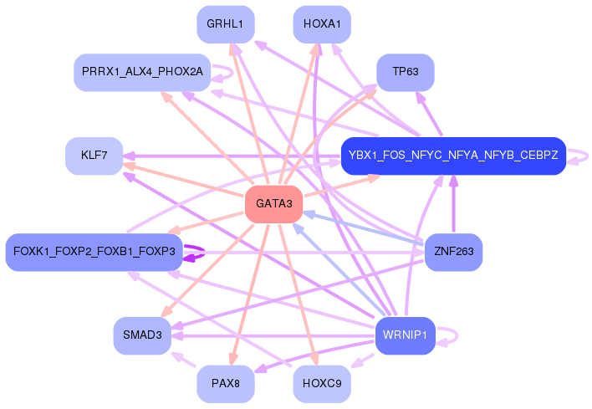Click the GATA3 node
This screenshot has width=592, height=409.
point(274,204)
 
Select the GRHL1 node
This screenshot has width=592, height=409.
point(226,24)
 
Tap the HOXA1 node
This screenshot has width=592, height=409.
point(322,24)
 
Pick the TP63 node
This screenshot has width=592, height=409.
point(406,72)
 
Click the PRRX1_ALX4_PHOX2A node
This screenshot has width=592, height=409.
point(142,72)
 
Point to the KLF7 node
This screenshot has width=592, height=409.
point(94,156)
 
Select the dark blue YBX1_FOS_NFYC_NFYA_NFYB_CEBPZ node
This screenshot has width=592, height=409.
point(453,156)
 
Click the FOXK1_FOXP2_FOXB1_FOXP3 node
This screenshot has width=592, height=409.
point(94,252)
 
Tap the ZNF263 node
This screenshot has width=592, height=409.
point(453,252)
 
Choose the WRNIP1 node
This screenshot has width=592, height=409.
point(405,335)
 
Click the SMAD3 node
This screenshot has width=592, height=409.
point(142,335)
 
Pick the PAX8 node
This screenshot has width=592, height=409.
point(226,384)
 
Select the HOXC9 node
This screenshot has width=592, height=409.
point(322,384)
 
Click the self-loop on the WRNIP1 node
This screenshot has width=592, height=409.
point(457,335)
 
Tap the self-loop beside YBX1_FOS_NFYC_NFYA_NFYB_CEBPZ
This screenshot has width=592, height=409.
point(588,156)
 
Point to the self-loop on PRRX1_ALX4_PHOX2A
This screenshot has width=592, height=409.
point(232,73)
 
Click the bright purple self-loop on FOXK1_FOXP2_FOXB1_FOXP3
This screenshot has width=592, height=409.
point(204,252)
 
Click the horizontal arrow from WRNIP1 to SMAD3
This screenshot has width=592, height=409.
point(273,335)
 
